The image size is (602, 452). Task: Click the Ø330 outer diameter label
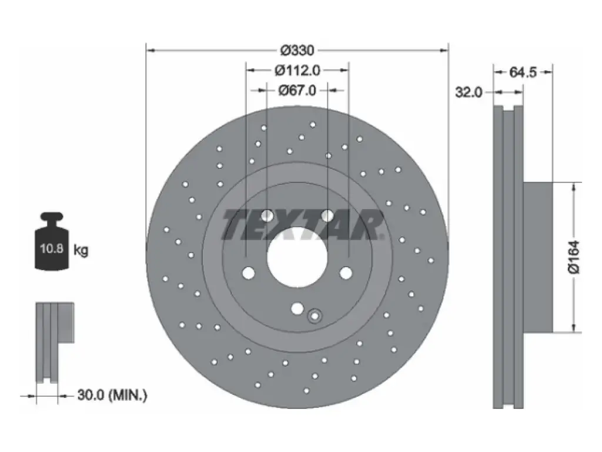[297, 50]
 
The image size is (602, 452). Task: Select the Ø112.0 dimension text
[297, 71]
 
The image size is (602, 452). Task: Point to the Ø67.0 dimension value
[297, 90]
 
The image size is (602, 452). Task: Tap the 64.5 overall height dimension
[523, 72]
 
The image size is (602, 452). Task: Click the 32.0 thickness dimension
[469, 92]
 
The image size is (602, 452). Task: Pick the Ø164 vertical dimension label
[574, 257]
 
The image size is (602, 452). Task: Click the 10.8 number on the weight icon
[52, 248]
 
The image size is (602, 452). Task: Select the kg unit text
[81, 251]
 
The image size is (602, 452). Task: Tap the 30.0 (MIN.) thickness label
[112, 395]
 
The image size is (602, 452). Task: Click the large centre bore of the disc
[297, 257]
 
